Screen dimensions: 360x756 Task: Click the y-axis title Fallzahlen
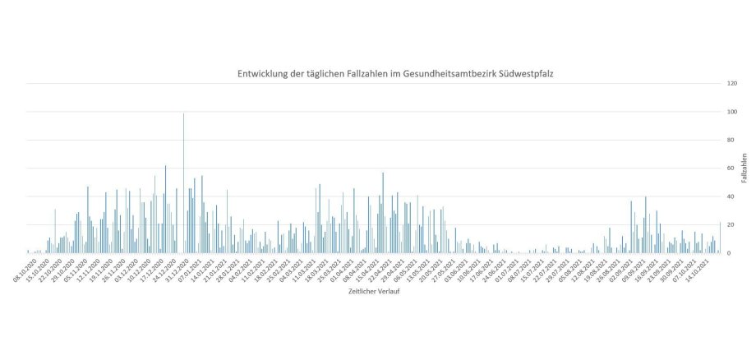click(744, 168)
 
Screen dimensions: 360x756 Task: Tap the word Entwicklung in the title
click(265, 74)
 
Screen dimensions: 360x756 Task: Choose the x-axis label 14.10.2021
click(709, 270)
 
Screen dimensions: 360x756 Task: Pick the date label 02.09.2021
click(630, 270)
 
